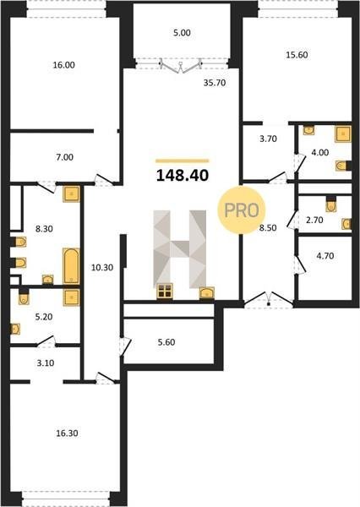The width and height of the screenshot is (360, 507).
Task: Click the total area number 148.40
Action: tap(183, 176)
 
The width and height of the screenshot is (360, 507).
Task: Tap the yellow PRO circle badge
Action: tap(242, 210)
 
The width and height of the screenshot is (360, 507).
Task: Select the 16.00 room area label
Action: tap(63, 65)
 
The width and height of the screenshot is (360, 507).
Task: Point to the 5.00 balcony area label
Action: tap(182, 33)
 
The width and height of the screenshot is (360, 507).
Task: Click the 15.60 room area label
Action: tap(297, 55)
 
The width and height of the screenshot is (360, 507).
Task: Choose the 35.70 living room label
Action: tap(215, 83)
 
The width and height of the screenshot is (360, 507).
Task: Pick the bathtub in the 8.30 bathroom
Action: tap(71, 266)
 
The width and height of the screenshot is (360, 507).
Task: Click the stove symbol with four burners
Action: tap(165, 291)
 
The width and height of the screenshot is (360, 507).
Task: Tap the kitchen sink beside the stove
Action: tap(207, 293)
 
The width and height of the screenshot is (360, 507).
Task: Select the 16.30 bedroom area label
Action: tap(67, 433)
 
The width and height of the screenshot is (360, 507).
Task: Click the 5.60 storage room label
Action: tap(166, 342)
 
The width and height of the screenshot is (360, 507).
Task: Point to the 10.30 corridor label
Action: tap(102, 267)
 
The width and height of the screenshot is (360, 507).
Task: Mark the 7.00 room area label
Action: tap(65, 157)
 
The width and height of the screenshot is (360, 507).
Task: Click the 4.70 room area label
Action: tap(325, 256)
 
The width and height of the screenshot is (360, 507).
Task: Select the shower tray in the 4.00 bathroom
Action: tap(343, 134)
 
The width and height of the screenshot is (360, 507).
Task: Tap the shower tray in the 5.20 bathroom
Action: tap(72, 297)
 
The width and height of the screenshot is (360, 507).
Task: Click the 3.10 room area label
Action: tap(46, 363)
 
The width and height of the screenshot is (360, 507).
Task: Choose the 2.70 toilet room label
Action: tap(314, 221)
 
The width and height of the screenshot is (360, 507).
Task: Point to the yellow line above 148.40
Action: tap(182, 161)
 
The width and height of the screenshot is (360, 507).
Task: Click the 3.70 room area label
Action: tap(268, 139)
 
